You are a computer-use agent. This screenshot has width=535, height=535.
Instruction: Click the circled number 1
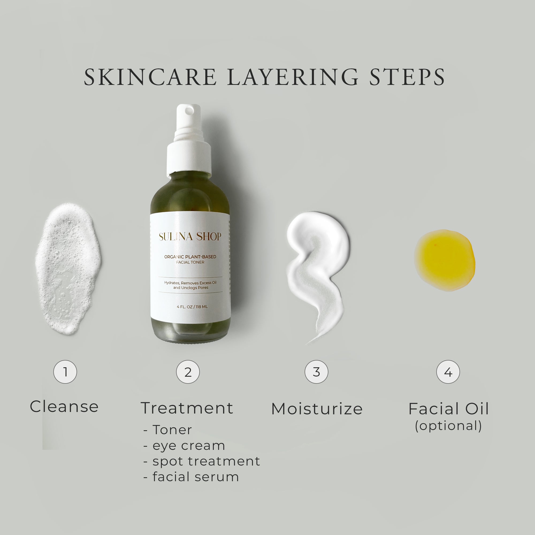[x=65, y=372]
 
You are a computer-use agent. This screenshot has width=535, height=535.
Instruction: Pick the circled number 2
[x=188, y=372]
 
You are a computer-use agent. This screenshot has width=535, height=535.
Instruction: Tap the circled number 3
[x=316, y=372]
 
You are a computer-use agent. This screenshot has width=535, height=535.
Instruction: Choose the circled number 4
[x=448, y=372]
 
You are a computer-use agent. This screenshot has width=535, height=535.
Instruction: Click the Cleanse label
[x=64, y=407]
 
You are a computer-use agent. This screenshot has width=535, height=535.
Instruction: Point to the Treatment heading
[x=187, y=408]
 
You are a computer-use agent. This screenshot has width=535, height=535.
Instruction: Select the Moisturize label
[x=317, y=409]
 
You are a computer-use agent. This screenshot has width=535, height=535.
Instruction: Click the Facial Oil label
[x=449, y=409]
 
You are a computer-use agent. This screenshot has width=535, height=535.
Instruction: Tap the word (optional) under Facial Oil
[x=449, y=426]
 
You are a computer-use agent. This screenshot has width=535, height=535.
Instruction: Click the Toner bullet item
[x=172, y=430]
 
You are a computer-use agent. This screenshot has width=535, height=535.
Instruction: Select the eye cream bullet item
[x=189, y=446]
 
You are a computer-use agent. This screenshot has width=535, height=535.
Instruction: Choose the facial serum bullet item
[x=196, y=477]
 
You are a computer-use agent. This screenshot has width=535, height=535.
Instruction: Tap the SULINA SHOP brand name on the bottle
[x=190, y=236]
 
